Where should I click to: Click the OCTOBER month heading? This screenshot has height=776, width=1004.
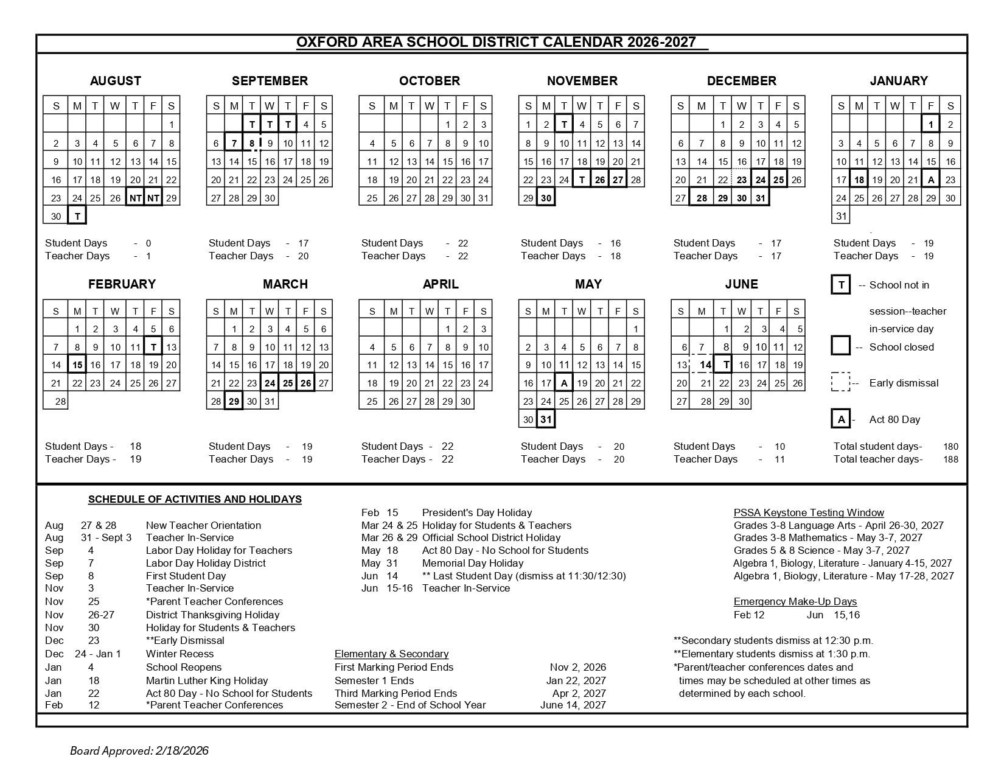pos(429,81)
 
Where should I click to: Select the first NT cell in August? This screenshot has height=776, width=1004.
pos(135,198)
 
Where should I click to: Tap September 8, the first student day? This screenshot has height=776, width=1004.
pos(252,144)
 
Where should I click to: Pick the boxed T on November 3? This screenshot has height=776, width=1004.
pos(564,125)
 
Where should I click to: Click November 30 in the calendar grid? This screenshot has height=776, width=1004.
pos(546,198)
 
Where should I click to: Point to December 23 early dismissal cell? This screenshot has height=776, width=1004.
pos(741,180)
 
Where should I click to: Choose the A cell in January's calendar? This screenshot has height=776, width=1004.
pos(930,180)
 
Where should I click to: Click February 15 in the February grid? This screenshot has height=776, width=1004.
pos(77,365)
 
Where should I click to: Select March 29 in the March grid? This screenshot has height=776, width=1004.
pos(234,402)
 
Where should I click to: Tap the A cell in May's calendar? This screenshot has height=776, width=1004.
pos(564,383)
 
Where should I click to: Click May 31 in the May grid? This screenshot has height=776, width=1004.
pos(546,419)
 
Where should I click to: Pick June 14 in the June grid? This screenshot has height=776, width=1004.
pos(705,365)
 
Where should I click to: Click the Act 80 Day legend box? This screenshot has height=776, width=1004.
pos(841,419)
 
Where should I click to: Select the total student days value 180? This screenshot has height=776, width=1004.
pos(950,447)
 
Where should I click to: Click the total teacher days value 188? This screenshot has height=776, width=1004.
pos(950,460)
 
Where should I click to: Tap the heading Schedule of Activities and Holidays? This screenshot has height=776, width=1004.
pos(195,500)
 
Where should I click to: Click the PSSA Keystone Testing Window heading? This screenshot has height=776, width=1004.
pos(809,512)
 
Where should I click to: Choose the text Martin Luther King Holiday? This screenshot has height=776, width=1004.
pos(207,680)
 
